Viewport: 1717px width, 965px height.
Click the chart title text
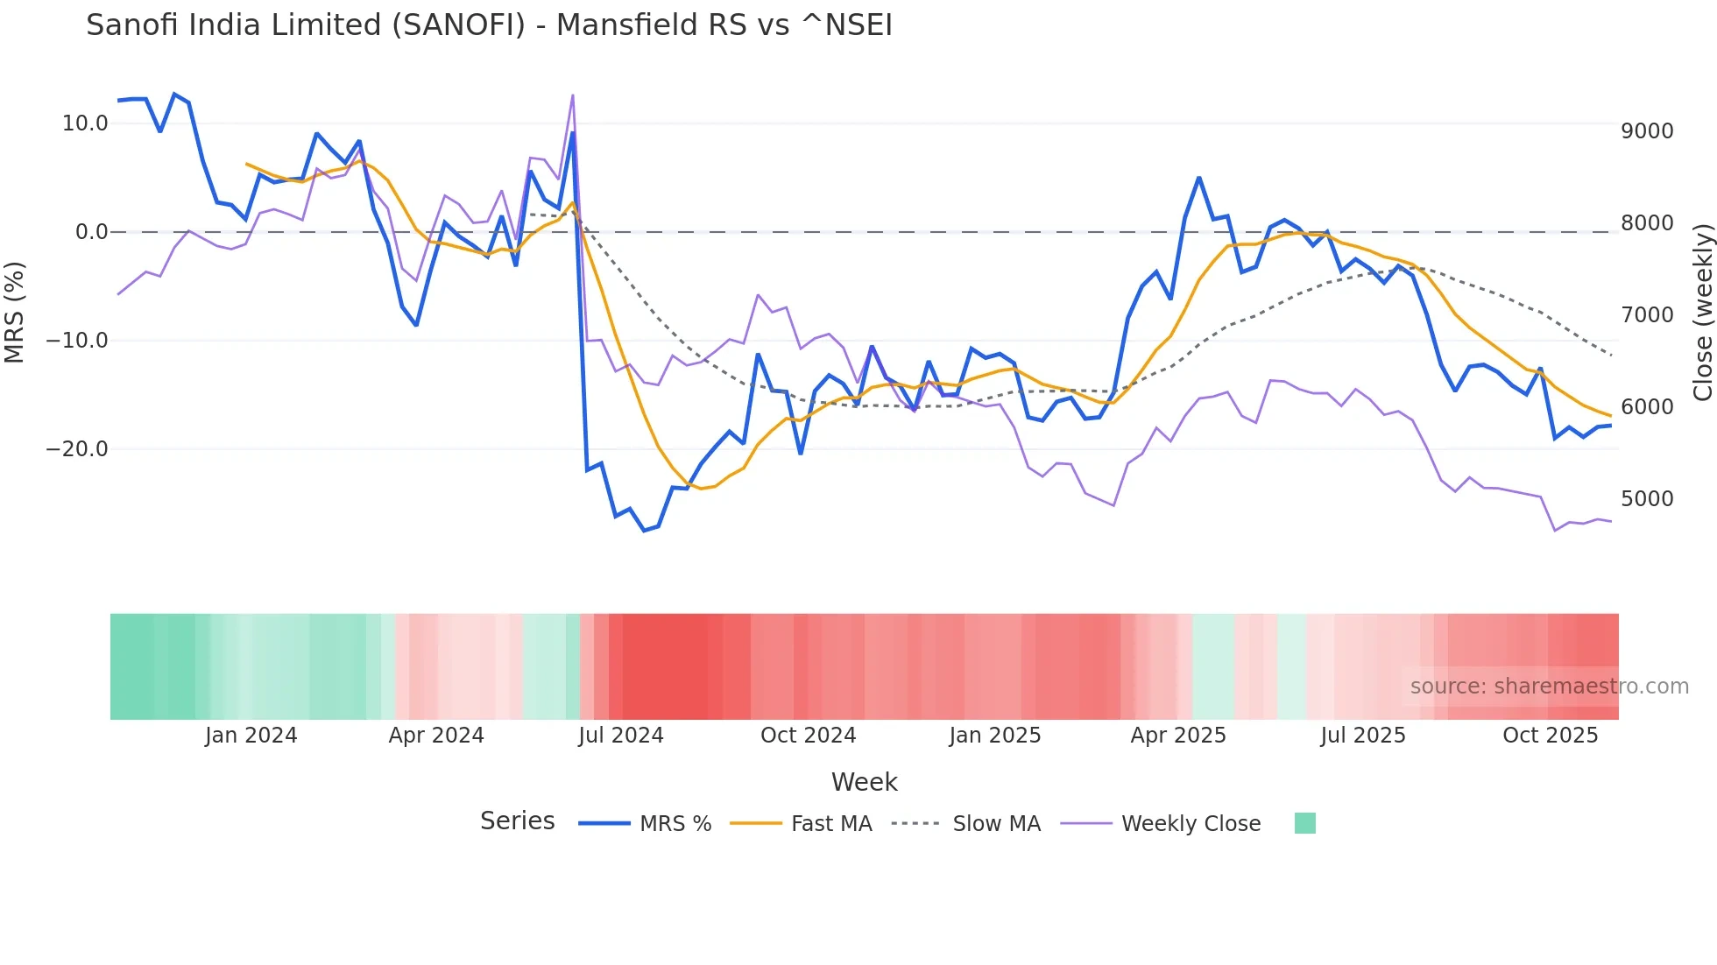click(x=489, y=25)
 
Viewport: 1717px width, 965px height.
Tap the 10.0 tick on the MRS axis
click(x=85, y=123)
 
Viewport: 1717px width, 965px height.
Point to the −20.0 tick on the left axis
click(x=77, y=449)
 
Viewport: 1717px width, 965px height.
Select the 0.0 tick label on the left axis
click(x=91, y=232)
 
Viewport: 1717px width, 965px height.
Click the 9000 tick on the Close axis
click(x=1647, y=131)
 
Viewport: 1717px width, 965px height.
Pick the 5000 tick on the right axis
click(x=1647, y=499)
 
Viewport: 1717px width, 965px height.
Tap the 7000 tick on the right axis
click(x=1647, y=315)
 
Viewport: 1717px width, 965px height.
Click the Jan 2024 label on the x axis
click(x=251, y=736)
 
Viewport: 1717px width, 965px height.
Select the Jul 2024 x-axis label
click(x=620, y=736)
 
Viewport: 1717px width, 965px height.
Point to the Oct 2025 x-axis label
click(x=1550, y=736)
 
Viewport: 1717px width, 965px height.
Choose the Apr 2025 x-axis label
click(x=1177, y=736)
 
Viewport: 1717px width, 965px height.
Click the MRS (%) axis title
click(x=14, y=312)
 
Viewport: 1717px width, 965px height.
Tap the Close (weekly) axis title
click(x=1702, y=313)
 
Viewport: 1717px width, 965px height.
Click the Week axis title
click(x=864, y=782)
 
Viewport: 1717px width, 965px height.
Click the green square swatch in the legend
click(x=1304, y=823)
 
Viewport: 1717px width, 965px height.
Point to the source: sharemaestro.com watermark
click(x=1549, y=687)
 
